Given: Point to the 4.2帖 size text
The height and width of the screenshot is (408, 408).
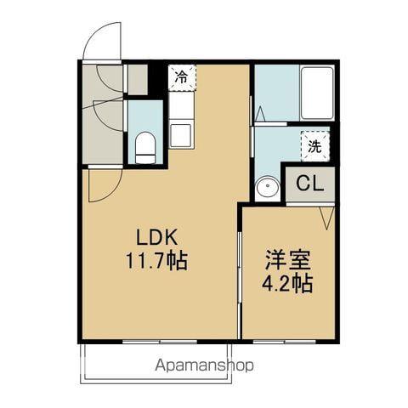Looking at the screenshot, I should [x=286, y=283].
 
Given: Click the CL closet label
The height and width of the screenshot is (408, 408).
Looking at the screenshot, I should [x=308, y=184].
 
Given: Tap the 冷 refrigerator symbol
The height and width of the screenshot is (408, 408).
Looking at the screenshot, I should [x=181, y=77].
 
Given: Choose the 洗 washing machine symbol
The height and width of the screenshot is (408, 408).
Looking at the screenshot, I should [x=314, y=145].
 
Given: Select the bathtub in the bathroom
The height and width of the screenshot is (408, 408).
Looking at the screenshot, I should [x=315, y=93].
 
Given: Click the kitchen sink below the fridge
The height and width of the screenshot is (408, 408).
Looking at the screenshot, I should [x=181, y=134].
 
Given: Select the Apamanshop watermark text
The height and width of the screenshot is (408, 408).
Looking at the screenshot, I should [x=203, y=366].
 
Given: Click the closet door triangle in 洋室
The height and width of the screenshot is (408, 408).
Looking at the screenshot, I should [x=326, y=218].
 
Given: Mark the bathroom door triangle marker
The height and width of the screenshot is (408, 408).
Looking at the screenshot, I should [x=262, y=112].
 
